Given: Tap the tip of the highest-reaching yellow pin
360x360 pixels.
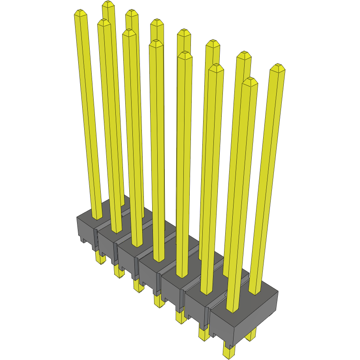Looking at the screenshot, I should (x=108, y=4).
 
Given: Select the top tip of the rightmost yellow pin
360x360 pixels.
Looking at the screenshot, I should (x=278, y=66).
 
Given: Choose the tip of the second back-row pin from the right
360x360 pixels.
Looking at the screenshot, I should (x=244, y=54).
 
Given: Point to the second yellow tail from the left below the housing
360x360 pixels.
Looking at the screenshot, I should (x=118, y=271).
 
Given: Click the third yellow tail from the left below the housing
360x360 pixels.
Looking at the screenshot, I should (x=138, y=285).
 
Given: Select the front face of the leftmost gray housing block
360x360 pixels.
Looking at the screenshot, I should (x=84, y=229).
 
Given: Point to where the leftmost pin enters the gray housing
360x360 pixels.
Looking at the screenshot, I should (x=97, y=217).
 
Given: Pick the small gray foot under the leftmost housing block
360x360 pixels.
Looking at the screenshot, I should (x=83, y=239).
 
